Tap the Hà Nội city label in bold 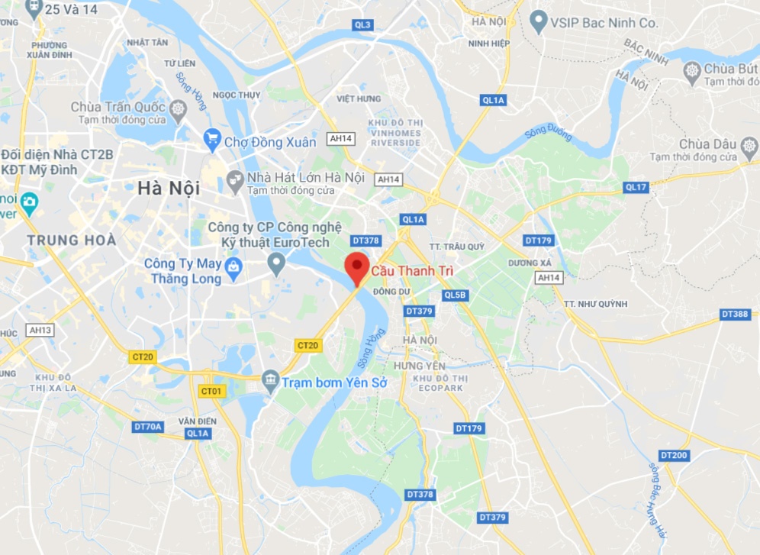[x=169, y=187]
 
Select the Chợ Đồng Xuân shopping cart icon [x=213, y=139]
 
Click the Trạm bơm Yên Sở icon [x=270, y=380]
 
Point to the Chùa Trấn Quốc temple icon [x=178, y=108]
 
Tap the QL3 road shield [x=363, y=25]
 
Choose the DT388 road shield [x=736, y=314]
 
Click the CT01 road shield [x=211, y=391]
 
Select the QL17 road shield [x=636, y=187]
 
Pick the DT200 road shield [x=674, y=455]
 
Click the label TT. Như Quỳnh [x=595, y=304]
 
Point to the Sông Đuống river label [x=548, y=134]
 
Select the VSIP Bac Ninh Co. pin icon [x=539, y=22]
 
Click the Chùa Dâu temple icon [x=749, y=144]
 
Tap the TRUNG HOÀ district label [x=72, y=240]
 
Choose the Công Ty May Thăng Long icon [x=233, y=266]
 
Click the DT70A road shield [x=147, y=427]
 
